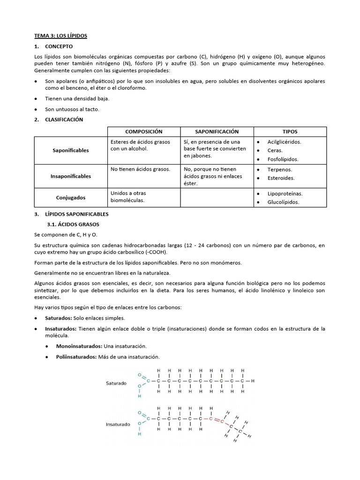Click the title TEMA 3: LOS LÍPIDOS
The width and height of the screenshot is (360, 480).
coord(61,36)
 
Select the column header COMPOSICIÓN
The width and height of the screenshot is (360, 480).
coord(143,132)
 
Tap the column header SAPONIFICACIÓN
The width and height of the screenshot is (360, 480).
coord(217,132)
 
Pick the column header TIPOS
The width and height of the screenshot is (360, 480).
coord(290,132)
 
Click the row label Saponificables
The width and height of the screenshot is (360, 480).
coord(71,150)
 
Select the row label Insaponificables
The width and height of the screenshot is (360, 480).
coord(71,176)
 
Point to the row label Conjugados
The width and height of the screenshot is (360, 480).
coord(71,198)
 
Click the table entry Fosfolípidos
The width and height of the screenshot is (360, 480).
coord(283,159)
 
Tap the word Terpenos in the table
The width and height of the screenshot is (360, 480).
coord(279,170)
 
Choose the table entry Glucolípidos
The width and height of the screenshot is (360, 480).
coord(283,202)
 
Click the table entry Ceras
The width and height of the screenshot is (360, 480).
coord(275,150)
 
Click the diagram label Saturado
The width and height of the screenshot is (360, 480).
coord(116,383)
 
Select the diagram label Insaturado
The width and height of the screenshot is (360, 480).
coord(118,425)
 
